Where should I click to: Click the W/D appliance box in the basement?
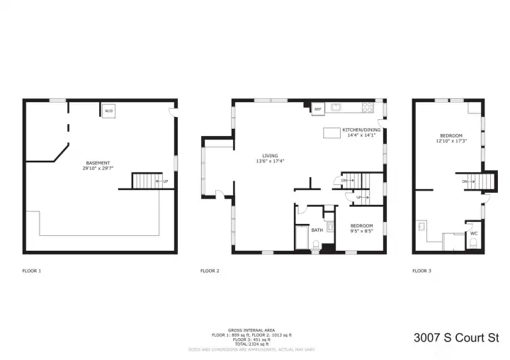(x=108, y=112)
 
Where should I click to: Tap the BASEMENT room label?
(x=98, y=163)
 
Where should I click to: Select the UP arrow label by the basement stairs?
(x=166, y=181)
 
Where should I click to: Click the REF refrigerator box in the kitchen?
(x=317, y=109)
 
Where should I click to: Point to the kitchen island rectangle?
(x=333, y=133)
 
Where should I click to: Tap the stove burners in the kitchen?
(x=368, y=108)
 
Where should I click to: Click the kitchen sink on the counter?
(x=338, y=108)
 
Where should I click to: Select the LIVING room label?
(x=269, y=156)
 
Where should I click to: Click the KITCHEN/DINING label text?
(x=361, y=130)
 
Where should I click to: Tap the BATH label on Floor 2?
(x=317, y=230)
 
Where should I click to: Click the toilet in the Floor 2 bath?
(x=316, y=247)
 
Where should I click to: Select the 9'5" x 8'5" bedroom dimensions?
(x=361, y=231)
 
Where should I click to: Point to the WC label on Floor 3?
(x=473, y=233)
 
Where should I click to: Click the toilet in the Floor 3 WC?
(x=473, y=245)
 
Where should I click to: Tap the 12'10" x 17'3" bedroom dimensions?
(x=450, y=141)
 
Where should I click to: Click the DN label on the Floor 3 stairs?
(x=465, y=181)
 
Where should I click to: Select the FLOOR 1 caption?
(x=31, y=271)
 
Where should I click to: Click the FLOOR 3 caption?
(x=422, y=271)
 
